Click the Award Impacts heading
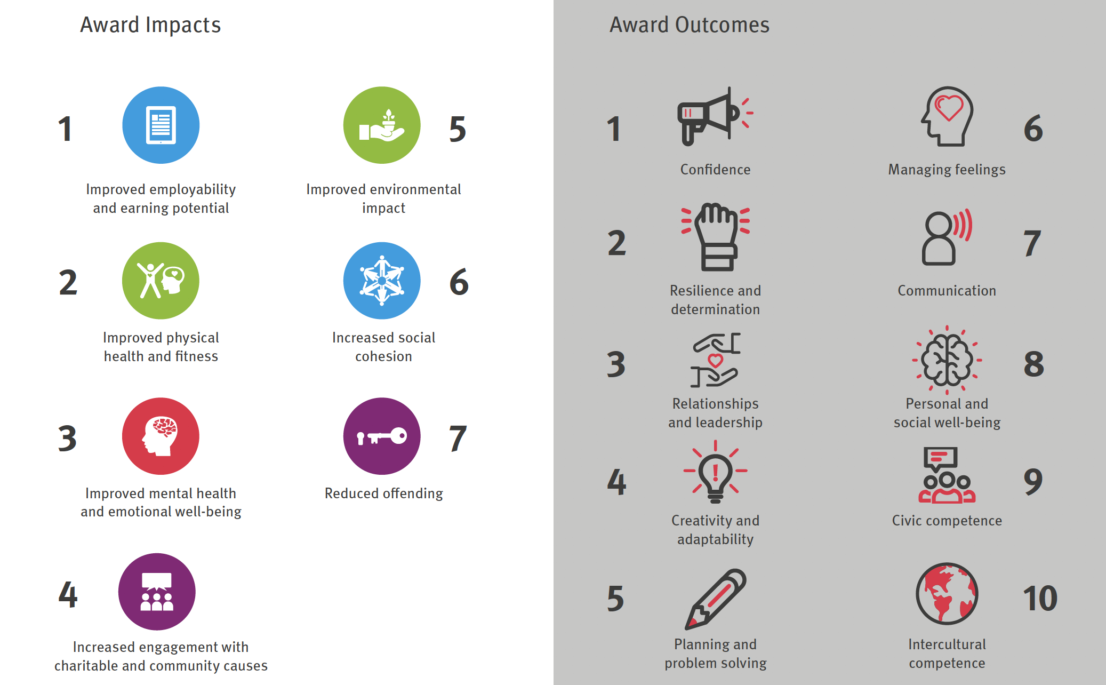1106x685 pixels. tap(150, 25)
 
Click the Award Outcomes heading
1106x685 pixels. tap(690, 25)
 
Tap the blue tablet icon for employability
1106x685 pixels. tap(161, 125)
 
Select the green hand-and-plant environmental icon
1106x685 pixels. tap(382, 125)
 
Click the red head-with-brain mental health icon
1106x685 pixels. tap(161, 436)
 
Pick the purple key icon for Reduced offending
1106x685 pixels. tap(382, 436)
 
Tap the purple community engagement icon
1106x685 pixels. tap(157, 592)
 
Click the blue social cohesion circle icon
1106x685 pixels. tap(382, 281)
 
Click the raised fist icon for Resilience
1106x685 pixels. tap(716, 237)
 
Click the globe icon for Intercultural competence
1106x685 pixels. tap(947, 594)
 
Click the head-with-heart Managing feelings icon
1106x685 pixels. tap(947, 116)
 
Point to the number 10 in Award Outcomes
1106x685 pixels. tap(1040, 598)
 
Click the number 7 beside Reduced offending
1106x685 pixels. tap(458, 439)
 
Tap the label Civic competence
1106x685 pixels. tap(947, 521)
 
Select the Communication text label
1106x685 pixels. tap(947, 291)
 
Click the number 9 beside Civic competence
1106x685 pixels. tap(1033, 482)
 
